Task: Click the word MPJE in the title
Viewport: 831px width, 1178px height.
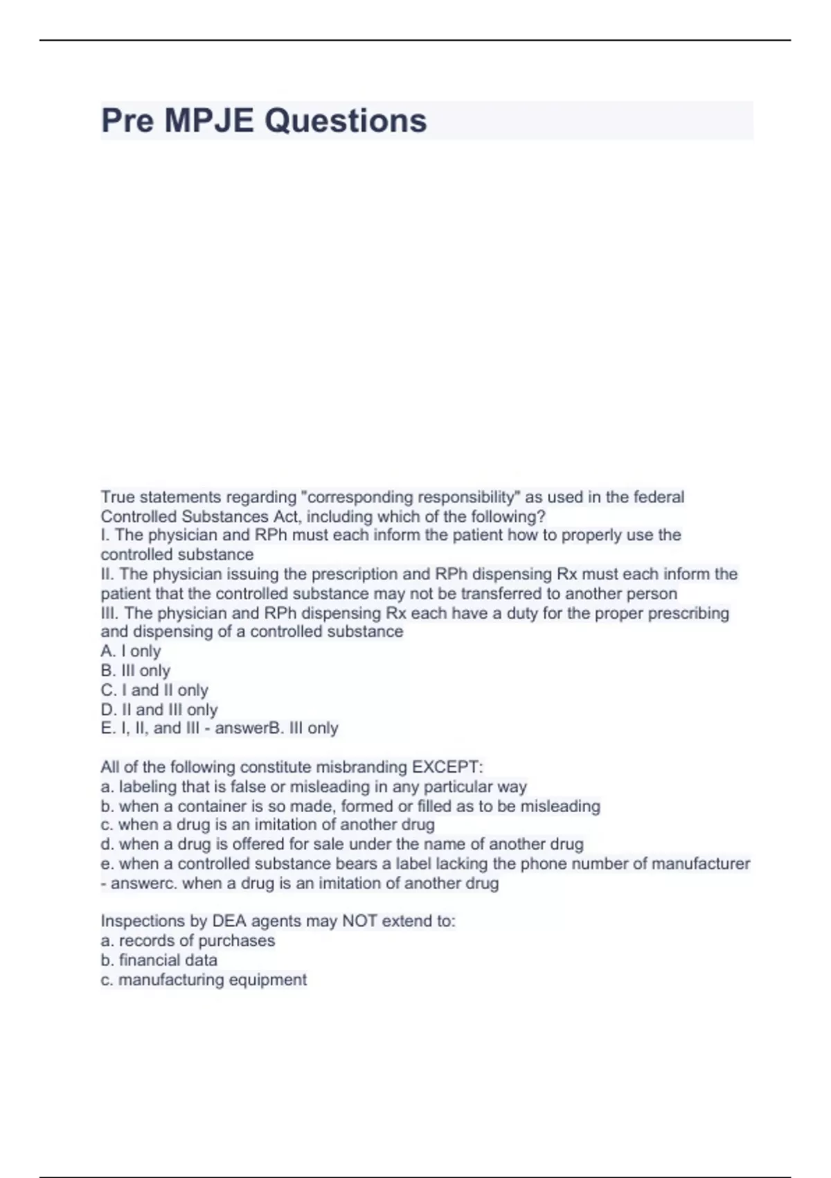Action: click(x=208, y=121)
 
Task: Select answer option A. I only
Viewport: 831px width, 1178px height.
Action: click(x=131, y=651)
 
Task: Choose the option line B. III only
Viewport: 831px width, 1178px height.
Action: click(x=136, y=671)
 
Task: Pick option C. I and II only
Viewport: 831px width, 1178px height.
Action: click(x=154, y=690)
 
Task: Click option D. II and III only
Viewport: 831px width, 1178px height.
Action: click(x=159, y=710)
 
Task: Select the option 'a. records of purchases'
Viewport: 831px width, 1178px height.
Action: click(x=188, y=940)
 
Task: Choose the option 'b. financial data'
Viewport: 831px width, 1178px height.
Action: click(x=159, y=960)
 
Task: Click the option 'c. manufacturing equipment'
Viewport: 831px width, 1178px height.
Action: click(x=204, y=979)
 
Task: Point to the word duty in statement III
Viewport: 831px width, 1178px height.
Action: click(x=523, y=613)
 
